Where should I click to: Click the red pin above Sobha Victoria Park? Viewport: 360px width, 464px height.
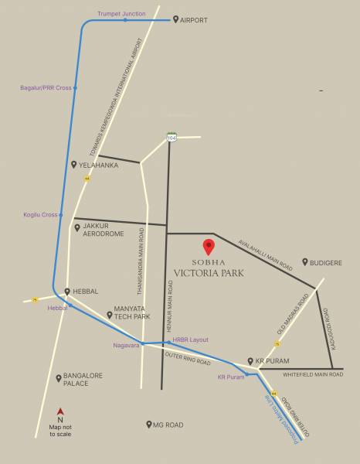tap(208, 247)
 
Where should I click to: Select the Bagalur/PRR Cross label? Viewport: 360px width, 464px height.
tap(46, 88)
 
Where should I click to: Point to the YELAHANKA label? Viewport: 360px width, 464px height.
tap(98, 165)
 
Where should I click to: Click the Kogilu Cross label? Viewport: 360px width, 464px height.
tap(40, 214)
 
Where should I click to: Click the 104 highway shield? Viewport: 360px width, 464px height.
tap(171, 138)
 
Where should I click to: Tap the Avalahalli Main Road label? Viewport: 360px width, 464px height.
tap(266, 253)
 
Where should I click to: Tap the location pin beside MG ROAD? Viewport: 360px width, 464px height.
tap(148, 425)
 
